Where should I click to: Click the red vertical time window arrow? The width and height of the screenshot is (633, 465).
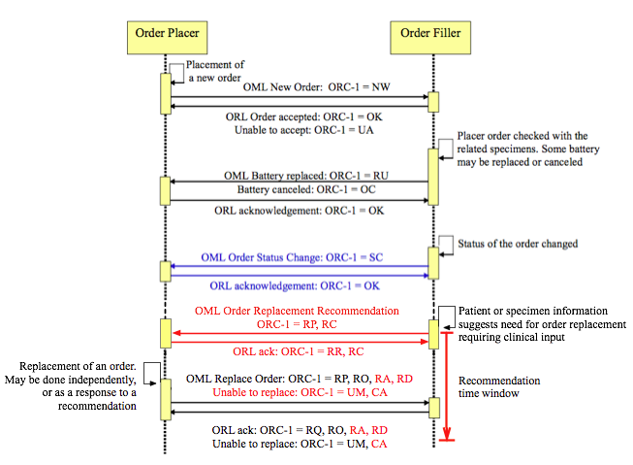click(448, 388)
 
